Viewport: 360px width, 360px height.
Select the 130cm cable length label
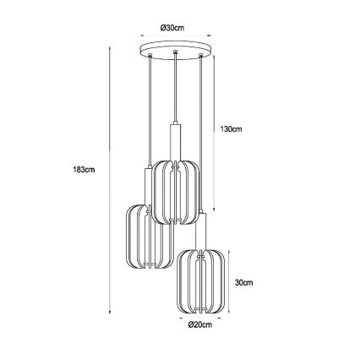[x=231, y=129]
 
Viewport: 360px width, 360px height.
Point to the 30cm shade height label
[x=243, y=282]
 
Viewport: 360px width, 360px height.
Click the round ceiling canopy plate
[x=175, y=50]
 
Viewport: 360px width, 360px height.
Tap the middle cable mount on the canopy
[x=174, y=56]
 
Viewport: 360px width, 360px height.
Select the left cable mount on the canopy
[x=151, y=56]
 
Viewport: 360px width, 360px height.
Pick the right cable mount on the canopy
[x=199, y=56]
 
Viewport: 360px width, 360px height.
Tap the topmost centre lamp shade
[x=175, y=192]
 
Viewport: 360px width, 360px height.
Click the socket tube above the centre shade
[x=174, y=139]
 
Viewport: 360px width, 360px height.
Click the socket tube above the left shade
[x=145, y=184]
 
